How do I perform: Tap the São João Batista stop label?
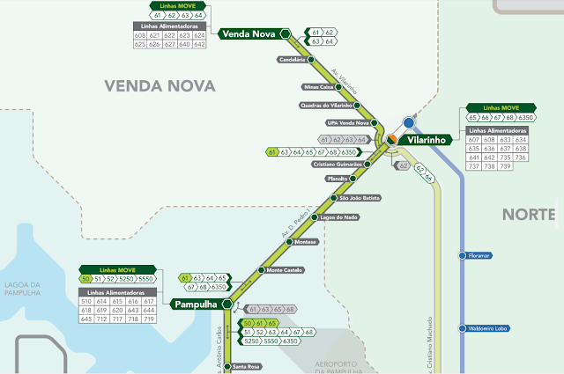[x=354, y=198]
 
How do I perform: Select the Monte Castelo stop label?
[x=285, y=269]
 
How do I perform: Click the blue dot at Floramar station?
[x=461, y=256]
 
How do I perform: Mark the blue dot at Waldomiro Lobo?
[x=461, y=328]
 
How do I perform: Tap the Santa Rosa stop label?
[x=247, y=366]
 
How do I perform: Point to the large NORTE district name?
[x=529, y=214]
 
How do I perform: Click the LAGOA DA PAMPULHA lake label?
[x=22, y=288]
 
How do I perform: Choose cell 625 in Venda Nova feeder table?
[x=140, y=43]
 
